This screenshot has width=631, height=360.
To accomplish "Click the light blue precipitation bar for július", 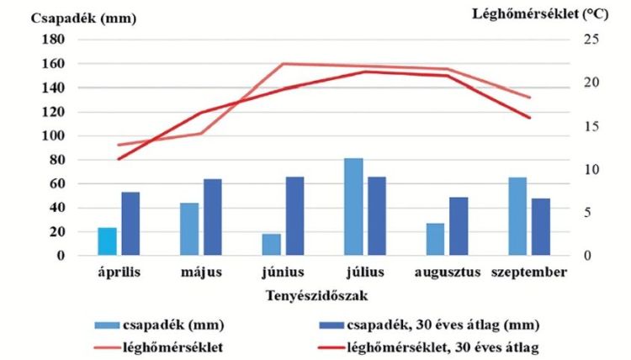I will click(353, 207).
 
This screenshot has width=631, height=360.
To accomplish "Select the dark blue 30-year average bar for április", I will click(130, 224).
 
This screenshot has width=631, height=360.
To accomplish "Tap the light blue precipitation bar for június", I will click(271, 245).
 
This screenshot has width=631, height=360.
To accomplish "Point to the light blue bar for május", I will click(189, 229).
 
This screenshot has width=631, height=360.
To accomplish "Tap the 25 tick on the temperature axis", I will click(591, 40).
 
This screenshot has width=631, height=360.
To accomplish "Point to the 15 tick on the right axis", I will click(591, 126).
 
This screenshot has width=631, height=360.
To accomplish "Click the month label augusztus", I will click(448, 273).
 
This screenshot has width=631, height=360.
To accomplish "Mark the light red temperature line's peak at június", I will click(283, 64).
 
